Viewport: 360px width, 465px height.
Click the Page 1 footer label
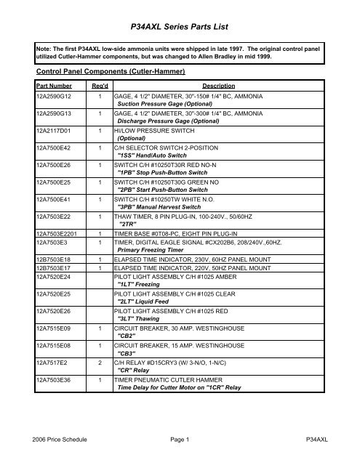click(x=180, y=440)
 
